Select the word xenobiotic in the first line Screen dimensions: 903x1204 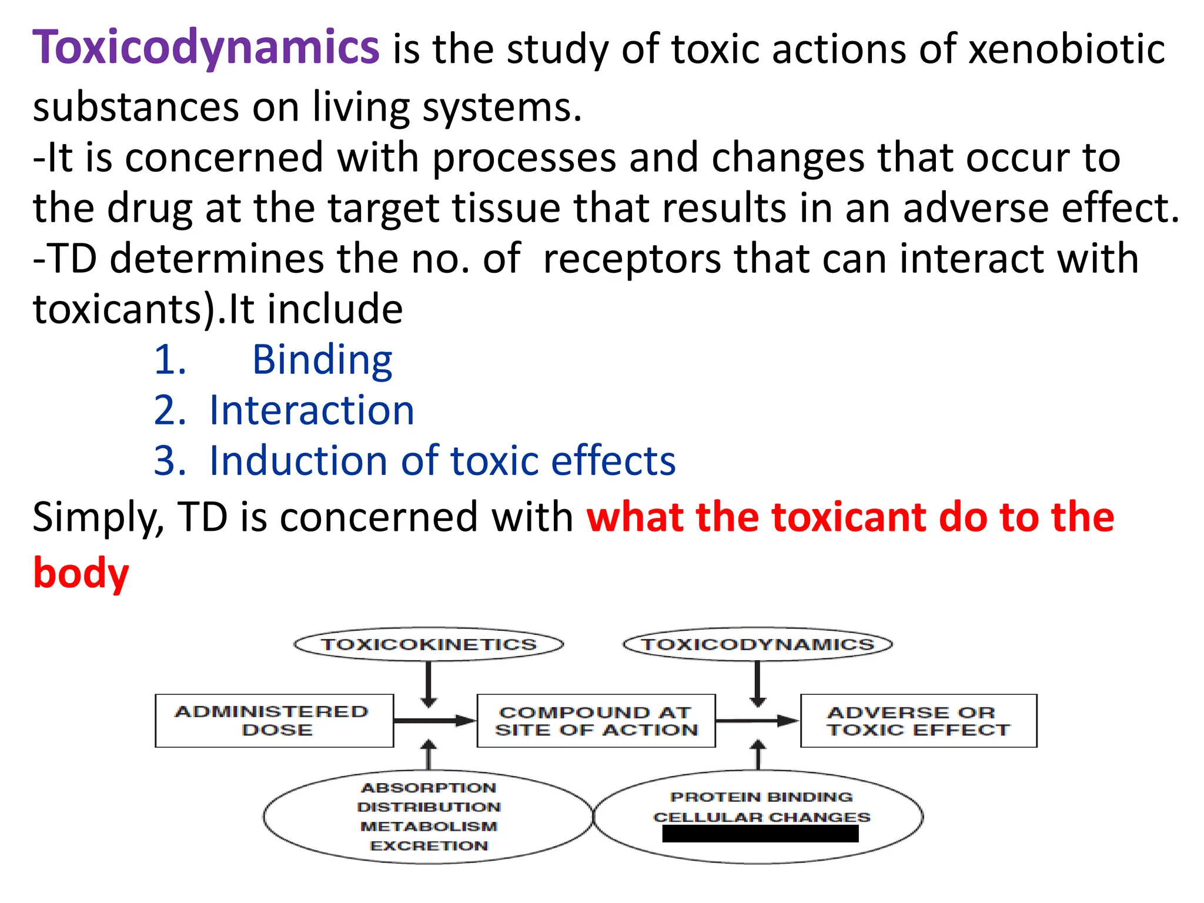(x=1066, y=48)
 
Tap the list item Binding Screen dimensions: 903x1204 (x=322, y=359)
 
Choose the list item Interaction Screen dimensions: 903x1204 (x=312, y=410)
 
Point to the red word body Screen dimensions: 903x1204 (x=81, y=573)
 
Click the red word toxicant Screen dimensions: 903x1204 (x=849, y=517)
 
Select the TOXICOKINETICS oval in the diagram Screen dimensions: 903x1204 (x=429, y=644)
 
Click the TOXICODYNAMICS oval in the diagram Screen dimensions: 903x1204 (x=757, y=644)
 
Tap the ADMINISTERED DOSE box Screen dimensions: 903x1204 (x=274, y=721)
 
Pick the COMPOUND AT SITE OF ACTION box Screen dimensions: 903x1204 (x=596, y=721)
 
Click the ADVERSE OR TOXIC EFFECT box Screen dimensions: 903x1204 (x=918, y=721)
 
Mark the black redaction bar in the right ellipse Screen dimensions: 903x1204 (x=760, y=834)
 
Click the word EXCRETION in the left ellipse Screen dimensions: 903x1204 (x=429, y=846)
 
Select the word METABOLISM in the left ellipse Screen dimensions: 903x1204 (x=429, y=827)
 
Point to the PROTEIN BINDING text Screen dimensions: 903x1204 (x=761, y=797)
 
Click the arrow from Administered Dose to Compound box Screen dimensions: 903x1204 (x=434, y=721)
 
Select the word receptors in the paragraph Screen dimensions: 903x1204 (x=631, y=259)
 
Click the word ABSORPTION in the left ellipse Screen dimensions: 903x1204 (x=429, y=788)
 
